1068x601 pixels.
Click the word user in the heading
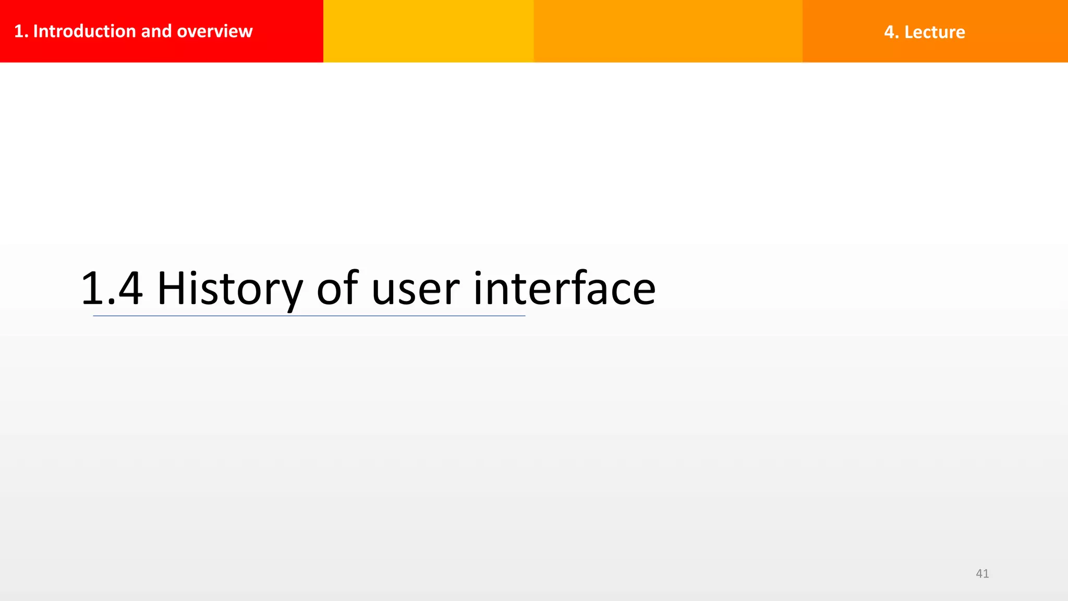pyautogui.click(x=415, y=292)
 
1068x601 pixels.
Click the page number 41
pyautogui.click(x=982, y=573)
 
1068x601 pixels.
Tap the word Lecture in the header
pyautogui.click(x=934, y=32)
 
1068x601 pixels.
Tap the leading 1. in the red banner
pyautogui.click(x=21, y=31)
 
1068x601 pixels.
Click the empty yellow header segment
pyautogui.click(x=428, y=31)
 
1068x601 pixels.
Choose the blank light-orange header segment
pyautogui.click(x=667, y=31)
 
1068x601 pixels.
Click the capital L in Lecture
pyautogui.click(x=909, y=32)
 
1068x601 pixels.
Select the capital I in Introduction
pyautogui.click(x=35, y=31)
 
